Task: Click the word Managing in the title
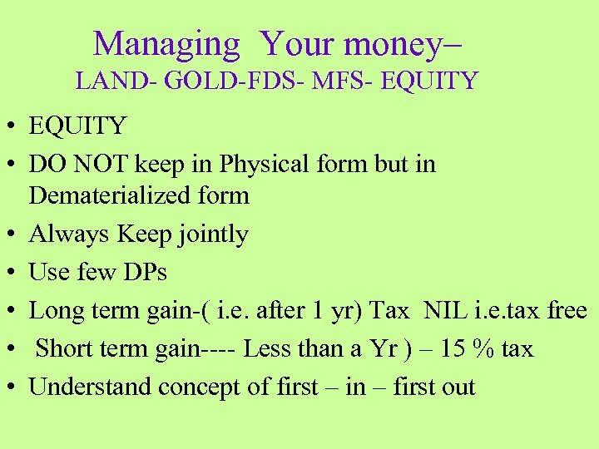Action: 166,43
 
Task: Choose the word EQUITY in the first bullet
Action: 77,126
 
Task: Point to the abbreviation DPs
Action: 143,273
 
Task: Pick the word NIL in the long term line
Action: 446,311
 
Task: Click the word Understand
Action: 91,387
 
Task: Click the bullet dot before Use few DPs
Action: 12,274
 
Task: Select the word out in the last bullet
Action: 456,387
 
